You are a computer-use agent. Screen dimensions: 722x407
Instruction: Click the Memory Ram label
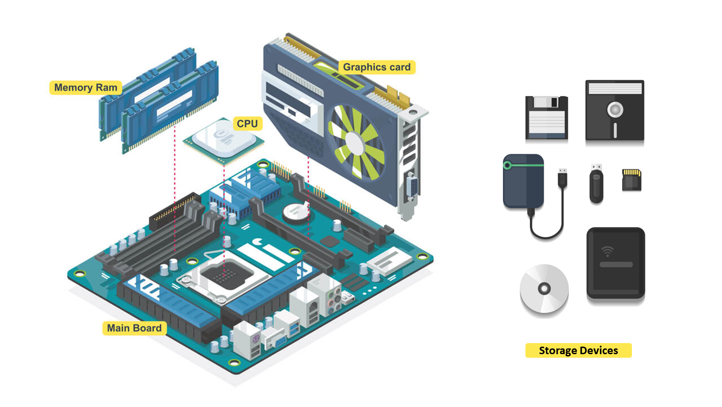click(x=86, y=87)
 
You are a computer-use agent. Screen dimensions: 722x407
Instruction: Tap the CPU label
click(x=247, y=123)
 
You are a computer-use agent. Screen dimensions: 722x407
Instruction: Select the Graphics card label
click(x=377, y=67)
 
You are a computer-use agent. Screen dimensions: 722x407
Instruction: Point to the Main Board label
click(x=134, y=328)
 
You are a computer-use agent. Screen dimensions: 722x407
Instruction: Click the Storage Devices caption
click(x=578, y=351)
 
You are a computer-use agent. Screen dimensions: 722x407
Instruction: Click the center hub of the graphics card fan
click(x=355, y=142)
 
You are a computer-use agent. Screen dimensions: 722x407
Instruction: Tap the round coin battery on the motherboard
click(x=295, y=212)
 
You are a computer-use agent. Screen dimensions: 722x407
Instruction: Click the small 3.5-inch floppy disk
click(x=547, y=118)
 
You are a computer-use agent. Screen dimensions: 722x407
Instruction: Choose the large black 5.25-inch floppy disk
click(x=615, y=111)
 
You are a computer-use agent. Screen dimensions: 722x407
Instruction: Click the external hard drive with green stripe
click(x=524, y=181)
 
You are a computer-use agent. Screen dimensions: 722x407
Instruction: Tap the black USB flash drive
click(x=596, y=183)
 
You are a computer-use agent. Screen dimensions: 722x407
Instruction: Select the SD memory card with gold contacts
click(x=631, y=180)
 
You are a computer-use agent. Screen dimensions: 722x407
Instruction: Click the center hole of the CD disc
click(x=544, y=289)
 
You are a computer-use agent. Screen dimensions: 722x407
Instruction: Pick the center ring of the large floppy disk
click(x=615, y=109)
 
